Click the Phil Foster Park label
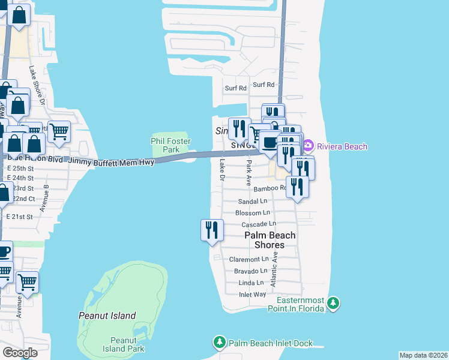pyautogui.click(x=170, y=145)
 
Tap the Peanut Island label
pyautogui.click(x=107, y=316)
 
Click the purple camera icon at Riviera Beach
pyautogui.click(x=308, y=146)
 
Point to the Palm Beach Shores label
pyautogui.click(x=270, y=240)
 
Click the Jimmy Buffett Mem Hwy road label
pyautogui.click(x=111, y=162)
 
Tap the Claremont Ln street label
pyautogui.click(x=247, y=259)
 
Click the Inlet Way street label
pyautogui.click(x=252, y=294)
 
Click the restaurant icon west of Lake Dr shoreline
pyautogui.click(x=212, y=230)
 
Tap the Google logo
pyautogui.click(x=20, y=353)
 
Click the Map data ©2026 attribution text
pyautogui.click(x=424, y=355)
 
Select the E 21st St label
pyautogui.click(x=19, y=216)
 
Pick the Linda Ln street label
pyautogui.click(x=251, y=283)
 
